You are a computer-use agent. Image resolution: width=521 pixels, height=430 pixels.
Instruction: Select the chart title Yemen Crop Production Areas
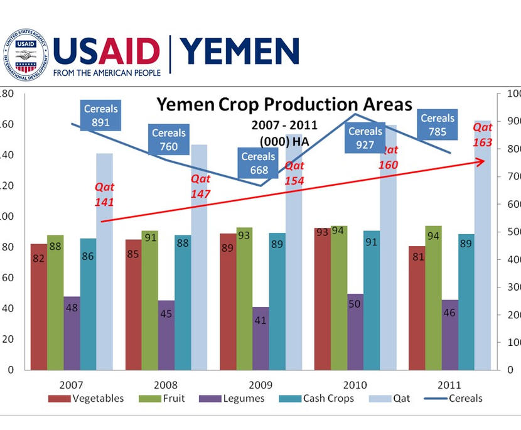[284, 104]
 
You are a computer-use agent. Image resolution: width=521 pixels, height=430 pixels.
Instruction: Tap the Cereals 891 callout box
[101, 116]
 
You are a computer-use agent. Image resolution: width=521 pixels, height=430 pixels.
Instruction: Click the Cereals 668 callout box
[259, 163]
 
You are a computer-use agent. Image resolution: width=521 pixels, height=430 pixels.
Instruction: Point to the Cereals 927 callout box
[365, 138]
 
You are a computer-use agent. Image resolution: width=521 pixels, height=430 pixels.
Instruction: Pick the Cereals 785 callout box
[438, 124]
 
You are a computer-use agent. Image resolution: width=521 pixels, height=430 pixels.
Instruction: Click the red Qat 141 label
[104, 194]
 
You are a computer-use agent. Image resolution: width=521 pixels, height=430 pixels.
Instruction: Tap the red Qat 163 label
[482, 136]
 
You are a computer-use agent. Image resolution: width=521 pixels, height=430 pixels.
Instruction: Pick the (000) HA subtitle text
[284, 141]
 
